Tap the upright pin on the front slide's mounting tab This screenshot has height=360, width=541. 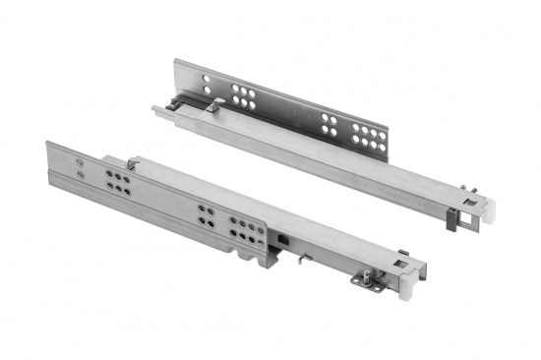(x=373, y=275)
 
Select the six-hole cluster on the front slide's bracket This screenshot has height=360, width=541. (x=117, y=183)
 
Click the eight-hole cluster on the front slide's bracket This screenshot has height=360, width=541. (x=247, y=230)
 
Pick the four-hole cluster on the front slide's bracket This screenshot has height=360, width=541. (x=208, y=215)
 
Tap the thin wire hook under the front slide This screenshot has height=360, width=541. (x=306, y=259)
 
